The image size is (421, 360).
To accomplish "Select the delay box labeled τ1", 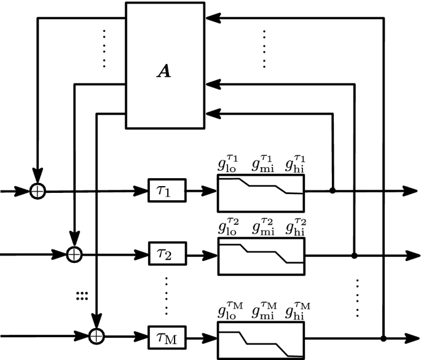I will point(167,191).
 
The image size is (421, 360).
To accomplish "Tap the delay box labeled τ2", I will point(167,252).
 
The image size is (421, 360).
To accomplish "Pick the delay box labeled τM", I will point(167,337).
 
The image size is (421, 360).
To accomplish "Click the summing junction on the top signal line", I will point(38,191).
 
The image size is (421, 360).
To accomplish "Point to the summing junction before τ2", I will point(74,252).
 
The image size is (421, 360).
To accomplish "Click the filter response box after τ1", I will point(261,191).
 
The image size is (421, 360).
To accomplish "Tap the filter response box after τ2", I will point(261,252).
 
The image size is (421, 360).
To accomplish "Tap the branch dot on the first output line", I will point(332,191).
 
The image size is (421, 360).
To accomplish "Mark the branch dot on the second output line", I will point(355,253).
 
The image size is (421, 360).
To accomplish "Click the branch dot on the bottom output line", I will point(383,337).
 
